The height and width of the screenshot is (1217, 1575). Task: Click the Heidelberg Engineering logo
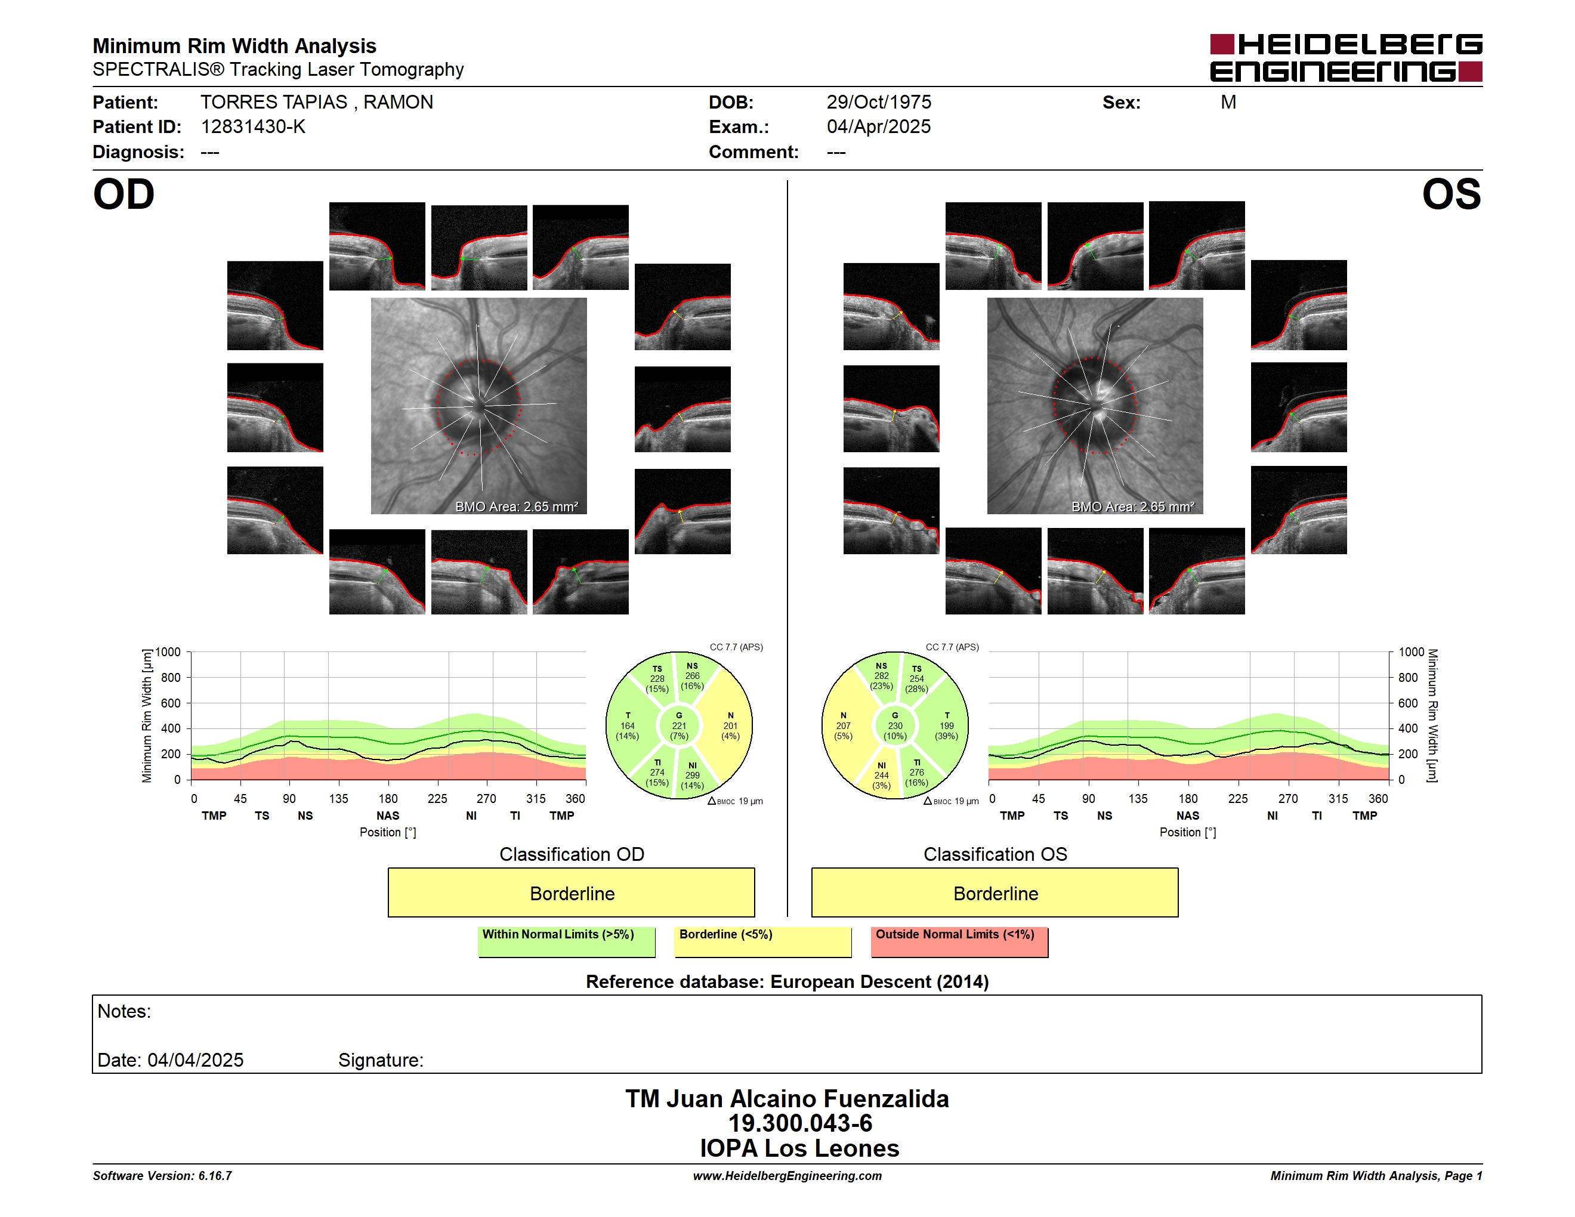coord(1346,58)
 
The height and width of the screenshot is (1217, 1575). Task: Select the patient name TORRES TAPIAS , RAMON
coord(317,103)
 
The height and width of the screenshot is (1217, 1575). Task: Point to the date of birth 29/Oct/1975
coord(878,103)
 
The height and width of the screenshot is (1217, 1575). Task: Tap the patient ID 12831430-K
coord(253,127)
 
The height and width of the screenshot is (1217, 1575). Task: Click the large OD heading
coord(123,194)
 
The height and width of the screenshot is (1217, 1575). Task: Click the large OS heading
coord(1451,194)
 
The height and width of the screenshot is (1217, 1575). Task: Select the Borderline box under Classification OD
coord(571,892)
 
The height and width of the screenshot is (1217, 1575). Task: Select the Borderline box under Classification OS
coord(995,892)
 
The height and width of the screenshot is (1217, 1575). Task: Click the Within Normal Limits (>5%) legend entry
coord(566,941)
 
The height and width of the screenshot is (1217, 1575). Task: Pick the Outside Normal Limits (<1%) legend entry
coord(959,941)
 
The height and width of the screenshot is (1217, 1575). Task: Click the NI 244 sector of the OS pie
coord(881,776)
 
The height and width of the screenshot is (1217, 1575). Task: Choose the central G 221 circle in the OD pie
coord(678,726)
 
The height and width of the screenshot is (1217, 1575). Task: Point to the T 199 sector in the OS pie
coord(946,726)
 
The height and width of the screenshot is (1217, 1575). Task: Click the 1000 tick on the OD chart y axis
coord(168,653)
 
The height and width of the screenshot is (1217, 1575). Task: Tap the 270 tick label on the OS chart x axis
coord(1288,799)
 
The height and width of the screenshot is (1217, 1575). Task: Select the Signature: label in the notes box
coord(381,1060)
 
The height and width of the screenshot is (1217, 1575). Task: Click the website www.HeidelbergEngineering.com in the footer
coord(787,1176)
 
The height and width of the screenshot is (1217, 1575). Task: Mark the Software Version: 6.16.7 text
coord(162,1176)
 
